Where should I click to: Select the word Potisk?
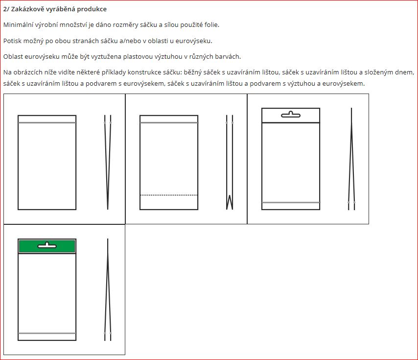pos(12,41)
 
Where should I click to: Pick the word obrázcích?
pos(29,72)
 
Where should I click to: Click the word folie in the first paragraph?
pos(212,25)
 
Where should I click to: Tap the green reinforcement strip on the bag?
pos(47,246)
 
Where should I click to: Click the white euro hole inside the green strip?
pos(47,245)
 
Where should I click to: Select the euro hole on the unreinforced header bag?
pos(291,115)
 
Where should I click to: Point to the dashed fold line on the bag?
pos(169,195)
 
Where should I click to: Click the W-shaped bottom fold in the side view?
pos(230,202)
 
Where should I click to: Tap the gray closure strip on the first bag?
pos(47,122)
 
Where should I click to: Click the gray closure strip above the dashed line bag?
pos(169,122)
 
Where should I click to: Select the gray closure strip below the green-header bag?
pos(47,333)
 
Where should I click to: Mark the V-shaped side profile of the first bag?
pos(108,162)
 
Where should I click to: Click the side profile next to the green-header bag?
pos(108,289)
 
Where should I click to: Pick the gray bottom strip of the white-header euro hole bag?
pos(291,202)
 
